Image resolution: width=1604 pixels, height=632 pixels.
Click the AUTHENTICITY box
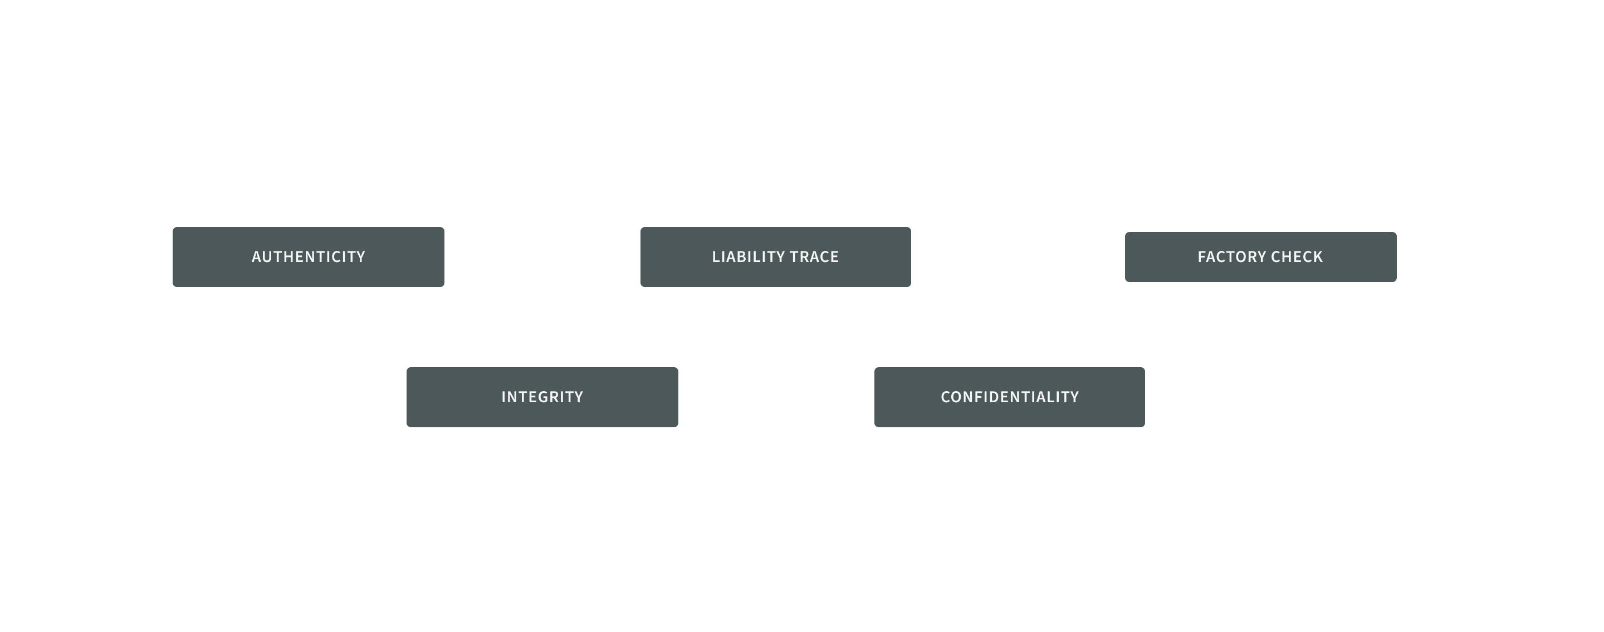[x=308, y=257]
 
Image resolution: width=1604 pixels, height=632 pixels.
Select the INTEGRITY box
[x=542, y=397]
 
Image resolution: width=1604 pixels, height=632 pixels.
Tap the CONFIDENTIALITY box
[x=1009, y=397]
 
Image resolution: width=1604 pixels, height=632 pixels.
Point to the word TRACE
[x=814, y=257]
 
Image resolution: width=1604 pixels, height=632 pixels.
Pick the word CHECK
[x=1298, y=257]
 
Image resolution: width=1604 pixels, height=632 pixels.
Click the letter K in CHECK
[x=1318, y=257]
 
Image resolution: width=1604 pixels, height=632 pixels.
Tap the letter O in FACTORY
[x=1241, y=257]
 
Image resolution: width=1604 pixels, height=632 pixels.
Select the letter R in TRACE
[x=803, y=257]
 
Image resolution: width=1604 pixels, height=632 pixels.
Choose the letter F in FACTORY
[x=1202, y=257]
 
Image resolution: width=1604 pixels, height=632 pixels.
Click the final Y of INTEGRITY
[x=579, y=397]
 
